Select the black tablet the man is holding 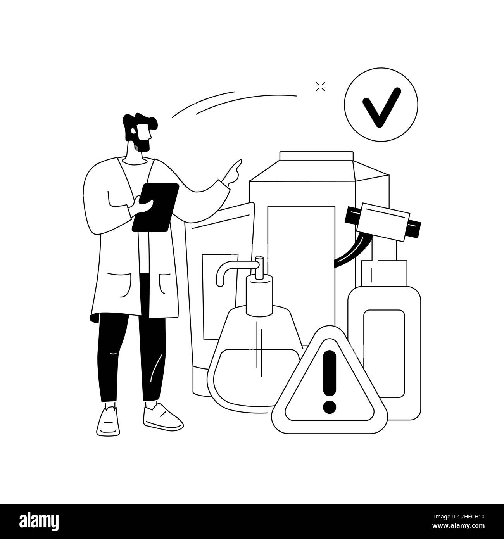155,207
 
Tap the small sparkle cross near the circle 320,87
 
